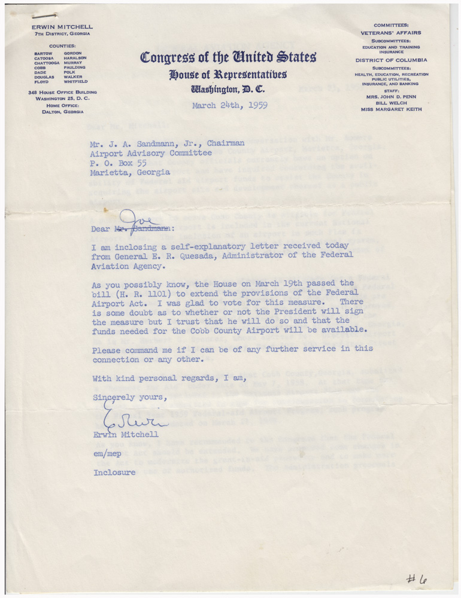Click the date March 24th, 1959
230,106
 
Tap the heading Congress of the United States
228,58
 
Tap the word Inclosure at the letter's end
114,472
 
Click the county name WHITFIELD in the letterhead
76,81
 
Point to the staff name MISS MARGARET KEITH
391,109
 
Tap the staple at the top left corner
46,15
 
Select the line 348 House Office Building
62,92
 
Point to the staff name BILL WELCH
391,103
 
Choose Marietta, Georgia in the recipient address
130,172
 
